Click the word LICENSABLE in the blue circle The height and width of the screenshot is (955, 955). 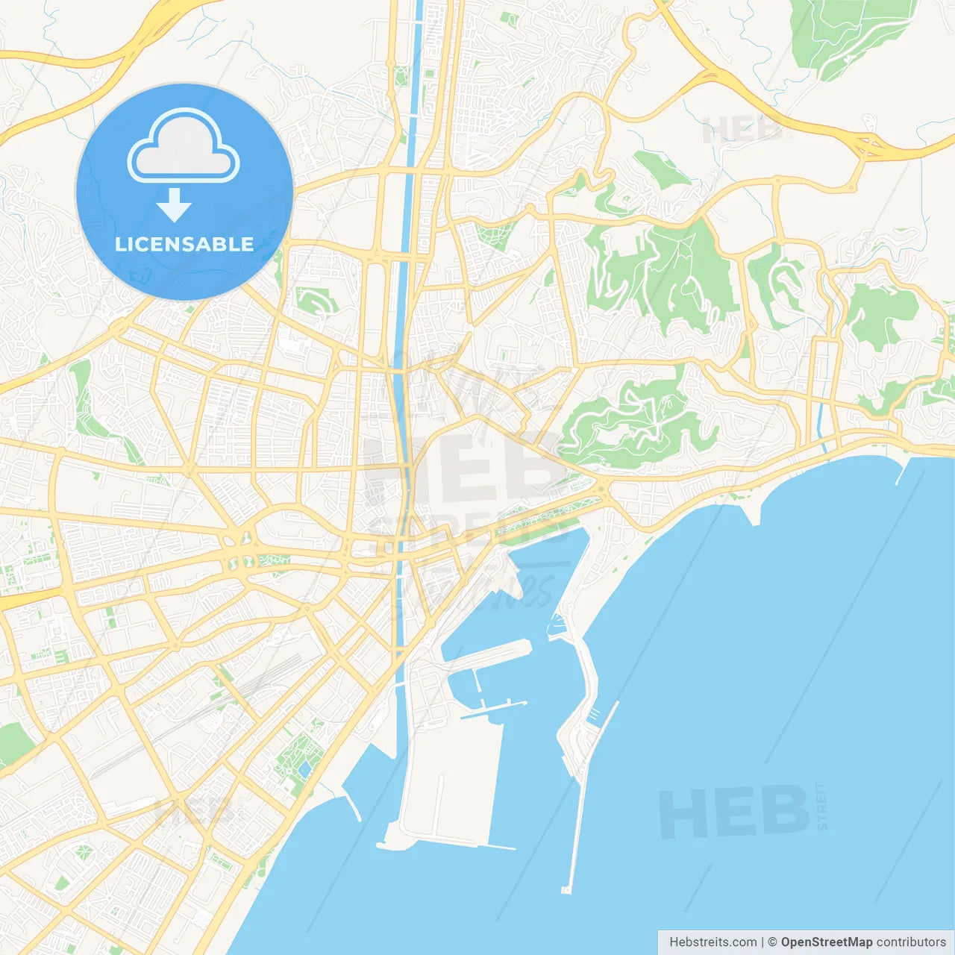click(184, 245)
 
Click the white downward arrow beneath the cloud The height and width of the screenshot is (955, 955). click(174, 205)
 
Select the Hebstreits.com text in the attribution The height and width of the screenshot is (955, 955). click(713, 942)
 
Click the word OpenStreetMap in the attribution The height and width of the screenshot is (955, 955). click(826, 942)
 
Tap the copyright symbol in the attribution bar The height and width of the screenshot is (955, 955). click(772, 942)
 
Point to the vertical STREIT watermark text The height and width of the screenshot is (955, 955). click(822, 806)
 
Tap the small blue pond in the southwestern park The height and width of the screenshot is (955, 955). click(304, 768)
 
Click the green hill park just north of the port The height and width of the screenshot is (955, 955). click(634, 422)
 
